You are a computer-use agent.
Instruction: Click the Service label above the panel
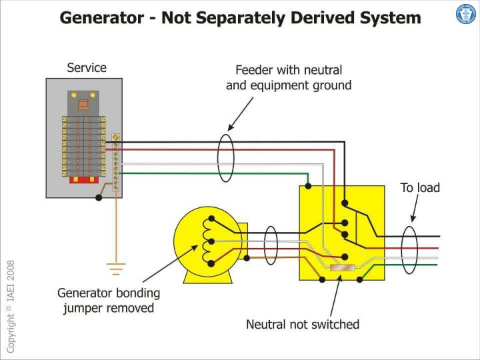point(86,68)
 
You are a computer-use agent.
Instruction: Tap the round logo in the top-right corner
point(465,14)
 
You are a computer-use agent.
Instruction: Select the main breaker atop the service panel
point(83,103)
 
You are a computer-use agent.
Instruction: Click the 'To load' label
point(420,188)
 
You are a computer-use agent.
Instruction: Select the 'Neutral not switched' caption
point(303,325)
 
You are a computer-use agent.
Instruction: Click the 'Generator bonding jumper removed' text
point(109,300)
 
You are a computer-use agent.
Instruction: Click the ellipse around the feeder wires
point(227,157)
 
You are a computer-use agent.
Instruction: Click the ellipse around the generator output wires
point(271,245)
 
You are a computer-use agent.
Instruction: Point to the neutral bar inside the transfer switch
point(342,269)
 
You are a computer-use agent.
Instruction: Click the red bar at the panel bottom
point(84,179)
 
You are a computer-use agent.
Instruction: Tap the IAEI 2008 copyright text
point(10,307)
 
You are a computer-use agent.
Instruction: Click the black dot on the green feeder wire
point(308,185)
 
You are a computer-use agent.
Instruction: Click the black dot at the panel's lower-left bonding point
point(99,197)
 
